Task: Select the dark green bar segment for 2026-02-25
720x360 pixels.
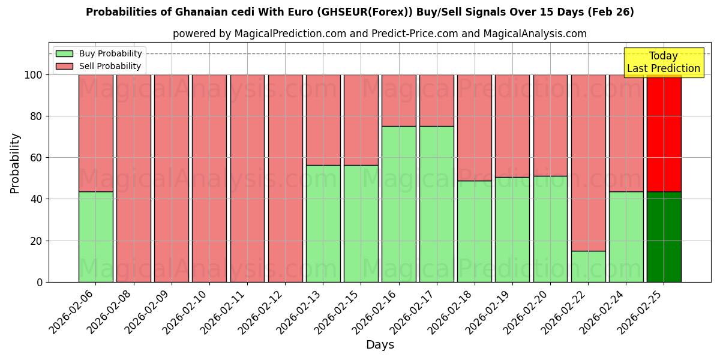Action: click(x=664, y=237)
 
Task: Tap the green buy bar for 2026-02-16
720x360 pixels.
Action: click(x=399, y=204)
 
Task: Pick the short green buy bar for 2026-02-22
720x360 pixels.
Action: click(x=588, y=266)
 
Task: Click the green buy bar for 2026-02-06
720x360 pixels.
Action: click(x=95, y=237)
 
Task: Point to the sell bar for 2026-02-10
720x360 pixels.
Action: click(x=209, y=178)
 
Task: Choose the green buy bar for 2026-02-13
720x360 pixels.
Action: click(x=323, y=224)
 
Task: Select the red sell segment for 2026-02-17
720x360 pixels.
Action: click(x=437, y=100)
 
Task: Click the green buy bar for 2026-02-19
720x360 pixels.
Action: click(x=512, y=229)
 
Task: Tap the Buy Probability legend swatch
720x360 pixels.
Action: click(x=64, y=54)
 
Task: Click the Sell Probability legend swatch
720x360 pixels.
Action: click(x=64, y=67)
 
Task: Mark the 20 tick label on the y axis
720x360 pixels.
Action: click(x=37, y=241)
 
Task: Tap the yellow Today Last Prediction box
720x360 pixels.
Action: click(x=663, y=62)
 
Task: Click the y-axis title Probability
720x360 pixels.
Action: click(x=15, y=163)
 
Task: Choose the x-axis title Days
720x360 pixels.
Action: click(x=380, y=345)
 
